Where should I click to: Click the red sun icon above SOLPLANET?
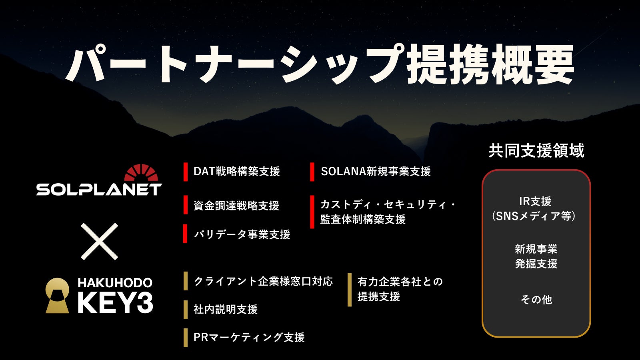[x=141, y=173]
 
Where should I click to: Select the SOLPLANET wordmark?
[x=99, y=190]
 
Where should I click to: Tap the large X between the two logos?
[x=100, y=242]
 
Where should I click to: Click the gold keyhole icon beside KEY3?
[x=57, y=296]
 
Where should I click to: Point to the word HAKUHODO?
[x=115, y=283]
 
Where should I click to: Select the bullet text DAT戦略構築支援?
[x=236, y=172]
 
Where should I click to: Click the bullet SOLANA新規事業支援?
[x=376, y=172]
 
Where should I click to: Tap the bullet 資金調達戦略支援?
[x=236, y=206]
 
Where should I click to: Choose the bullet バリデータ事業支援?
[x=242, y=234]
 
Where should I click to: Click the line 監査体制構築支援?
[x=363, y=220]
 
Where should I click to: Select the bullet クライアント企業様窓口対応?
[x=263, y=282]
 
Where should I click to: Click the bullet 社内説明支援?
[x=226, y=309]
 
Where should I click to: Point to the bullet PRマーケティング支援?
[x=249, y=338]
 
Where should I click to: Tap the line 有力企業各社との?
[x=400, y=282]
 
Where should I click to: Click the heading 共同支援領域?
[x=536, y=150]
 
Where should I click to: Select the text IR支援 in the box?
[x=535, y=202]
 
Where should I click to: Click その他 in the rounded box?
[x=536, y=300]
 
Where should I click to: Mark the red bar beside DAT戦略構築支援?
[x=186, y=172]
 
